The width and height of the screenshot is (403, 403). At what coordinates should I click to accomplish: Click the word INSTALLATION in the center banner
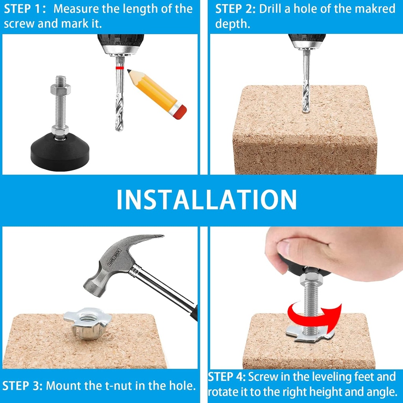tap(206, 200)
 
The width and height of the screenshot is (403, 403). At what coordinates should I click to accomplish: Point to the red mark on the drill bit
tap(120, 68)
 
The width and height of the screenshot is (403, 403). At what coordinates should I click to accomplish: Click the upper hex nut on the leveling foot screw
tap(60, 89)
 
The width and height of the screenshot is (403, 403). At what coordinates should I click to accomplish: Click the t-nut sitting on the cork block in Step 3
tap(87, 322)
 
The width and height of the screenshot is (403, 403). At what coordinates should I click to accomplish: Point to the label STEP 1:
tap(24, 9)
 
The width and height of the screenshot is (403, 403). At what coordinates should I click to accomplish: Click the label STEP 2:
tap(235, 9)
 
